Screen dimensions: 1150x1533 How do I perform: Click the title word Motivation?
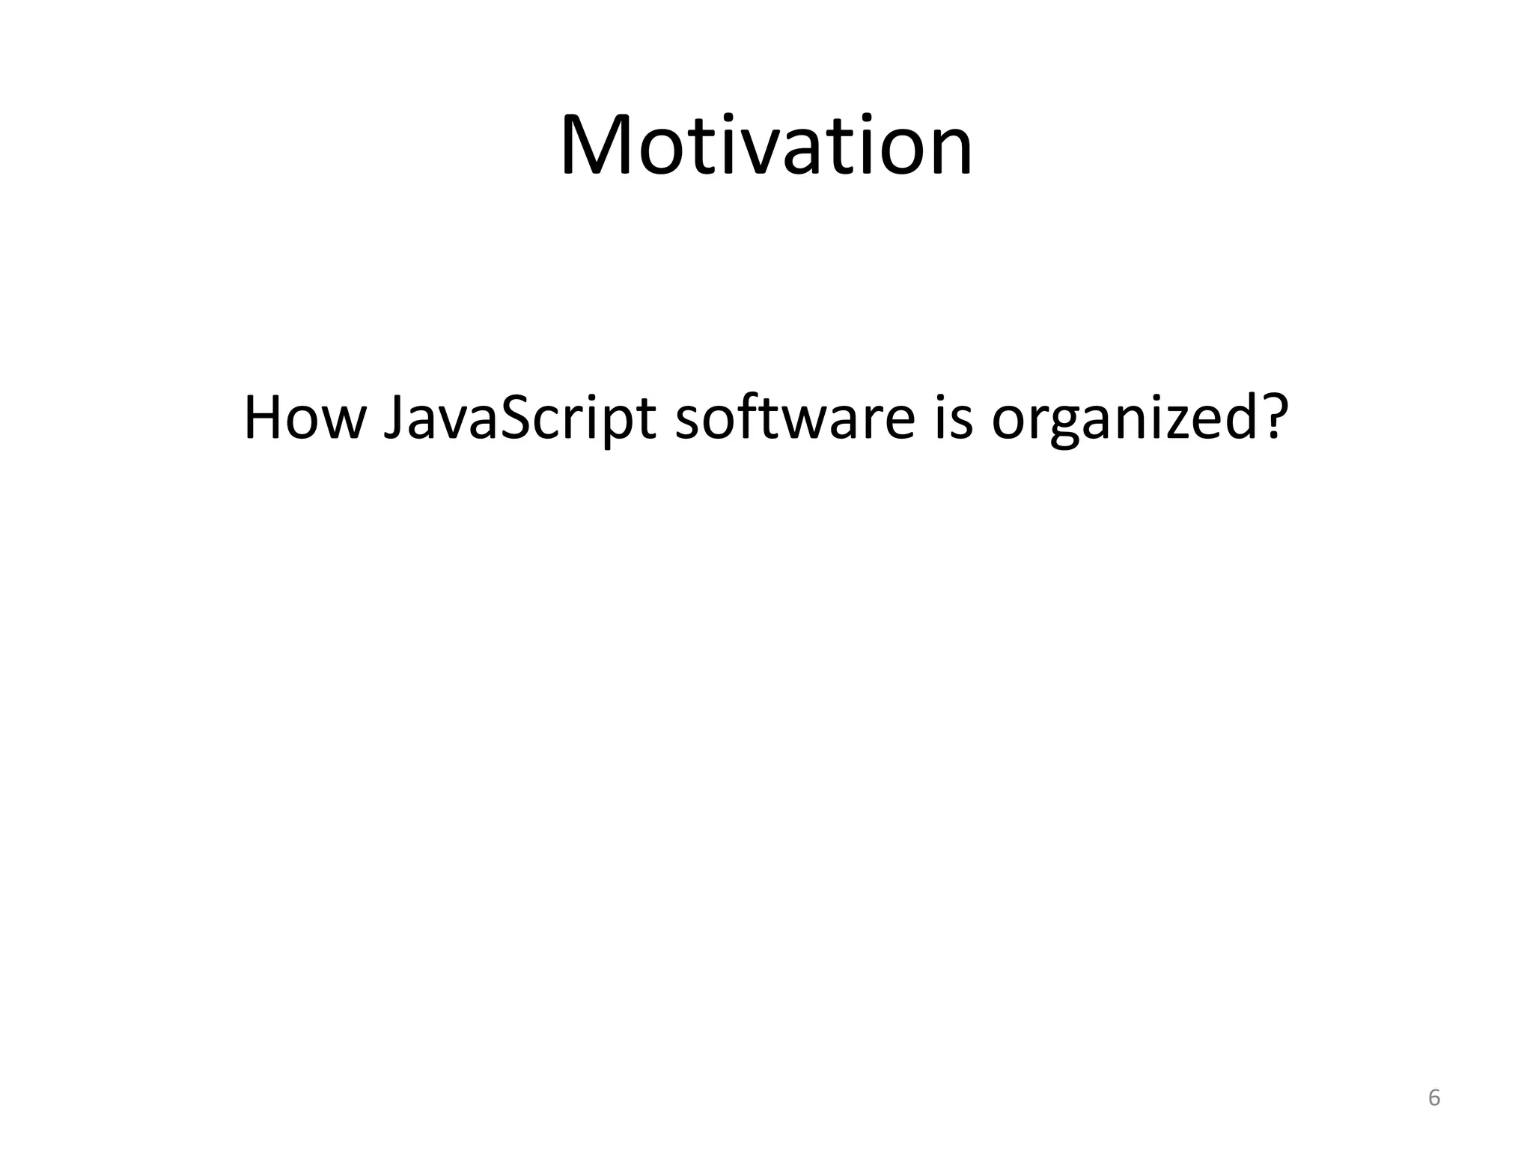[x=766, y=145]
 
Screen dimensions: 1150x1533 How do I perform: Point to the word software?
[x=795, y=417]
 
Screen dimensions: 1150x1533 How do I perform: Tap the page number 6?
[x=1434, y=1098]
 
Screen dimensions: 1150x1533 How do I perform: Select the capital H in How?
[x=266, y=417]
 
